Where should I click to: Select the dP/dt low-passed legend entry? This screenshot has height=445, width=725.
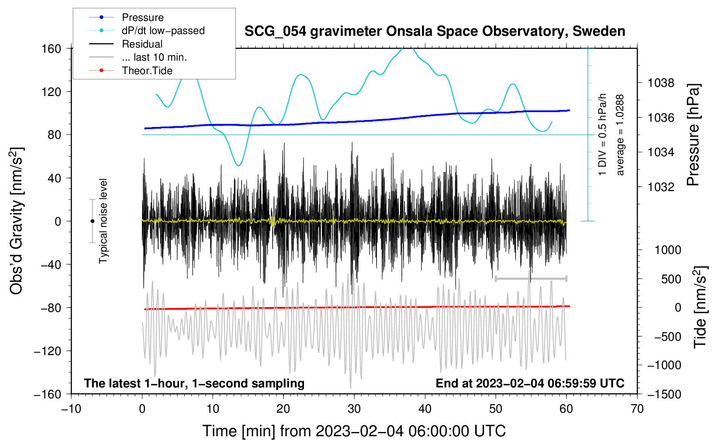[163, 31]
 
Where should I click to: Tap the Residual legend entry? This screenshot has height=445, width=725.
[142, 44]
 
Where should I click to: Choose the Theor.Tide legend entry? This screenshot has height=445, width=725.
[147, 71]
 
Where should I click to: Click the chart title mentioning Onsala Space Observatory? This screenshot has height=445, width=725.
[435, 31]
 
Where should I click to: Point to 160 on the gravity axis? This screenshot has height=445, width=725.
[51, 49]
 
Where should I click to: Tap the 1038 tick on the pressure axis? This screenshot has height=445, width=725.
[661, 83]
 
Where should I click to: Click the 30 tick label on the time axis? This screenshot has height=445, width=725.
[354, 409]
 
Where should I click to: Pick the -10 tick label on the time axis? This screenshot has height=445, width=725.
[71, 409]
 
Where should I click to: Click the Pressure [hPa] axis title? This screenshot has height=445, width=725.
[694, 135]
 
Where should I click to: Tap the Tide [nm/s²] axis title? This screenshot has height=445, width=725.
[701, 307]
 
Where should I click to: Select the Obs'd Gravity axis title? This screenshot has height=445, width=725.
[17, 221]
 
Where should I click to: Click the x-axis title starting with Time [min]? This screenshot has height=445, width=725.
[354, 431]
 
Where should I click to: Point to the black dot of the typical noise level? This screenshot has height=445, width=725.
[92, 221]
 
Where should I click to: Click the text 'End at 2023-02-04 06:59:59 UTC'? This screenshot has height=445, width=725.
[530, 383]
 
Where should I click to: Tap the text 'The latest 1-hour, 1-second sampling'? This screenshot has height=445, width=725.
[194, 383]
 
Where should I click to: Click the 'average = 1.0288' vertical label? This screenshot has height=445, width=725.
[620, 135]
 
